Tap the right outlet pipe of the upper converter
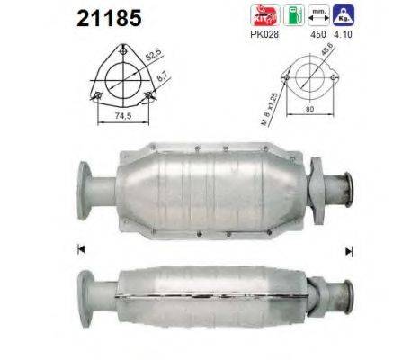tap(345, 192)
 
